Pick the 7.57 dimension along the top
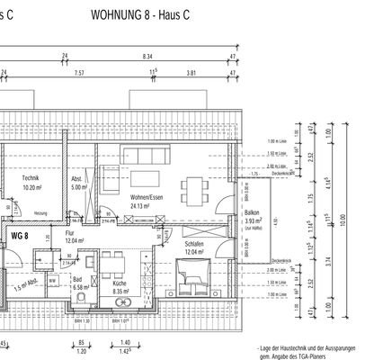click(79, 75)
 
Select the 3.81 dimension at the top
click(191, 75)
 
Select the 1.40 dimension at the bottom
click(125, 345)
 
